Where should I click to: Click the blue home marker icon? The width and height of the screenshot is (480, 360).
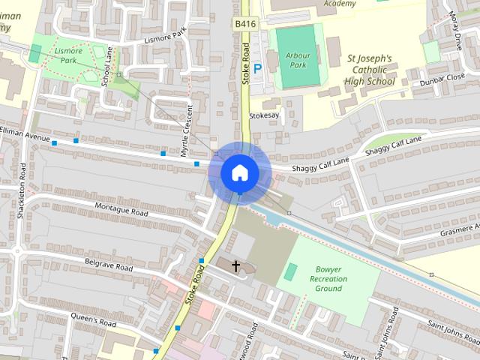point(239,173)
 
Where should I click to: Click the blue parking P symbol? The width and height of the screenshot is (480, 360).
point(257,69)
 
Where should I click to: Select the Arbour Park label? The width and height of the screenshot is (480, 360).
point(298,59)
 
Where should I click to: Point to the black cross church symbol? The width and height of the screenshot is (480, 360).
point(236,266)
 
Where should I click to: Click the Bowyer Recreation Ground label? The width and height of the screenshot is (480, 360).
point(328,278)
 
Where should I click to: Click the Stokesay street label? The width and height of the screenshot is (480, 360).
point(264,116)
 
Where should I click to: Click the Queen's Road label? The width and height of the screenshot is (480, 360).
point(94,322)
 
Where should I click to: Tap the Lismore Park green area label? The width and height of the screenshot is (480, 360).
point(69,53)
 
